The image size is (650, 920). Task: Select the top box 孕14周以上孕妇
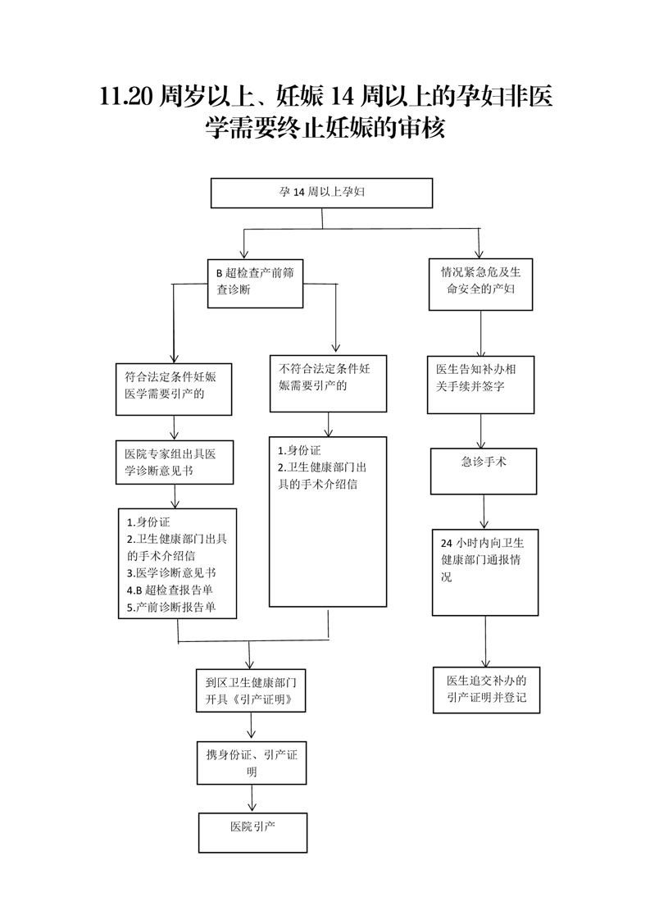[321, 194]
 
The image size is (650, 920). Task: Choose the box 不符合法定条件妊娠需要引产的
[328, 381]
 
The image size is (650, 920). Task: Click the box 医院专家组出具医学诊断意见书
[175, 462]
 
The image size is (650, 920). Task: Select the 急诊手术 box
[484, 471]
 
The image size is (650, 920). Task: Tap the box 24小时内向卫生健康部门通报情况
[484, 572]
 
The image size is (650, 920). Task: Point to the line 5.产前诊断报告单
[170, 608]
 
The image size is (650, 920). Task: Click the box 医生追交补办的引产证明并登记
[486, 690]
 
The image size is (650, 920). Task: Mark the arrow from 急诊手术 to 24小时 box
[485, 512]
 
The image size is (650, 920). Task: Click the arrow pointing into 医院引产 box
[252, 799]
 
